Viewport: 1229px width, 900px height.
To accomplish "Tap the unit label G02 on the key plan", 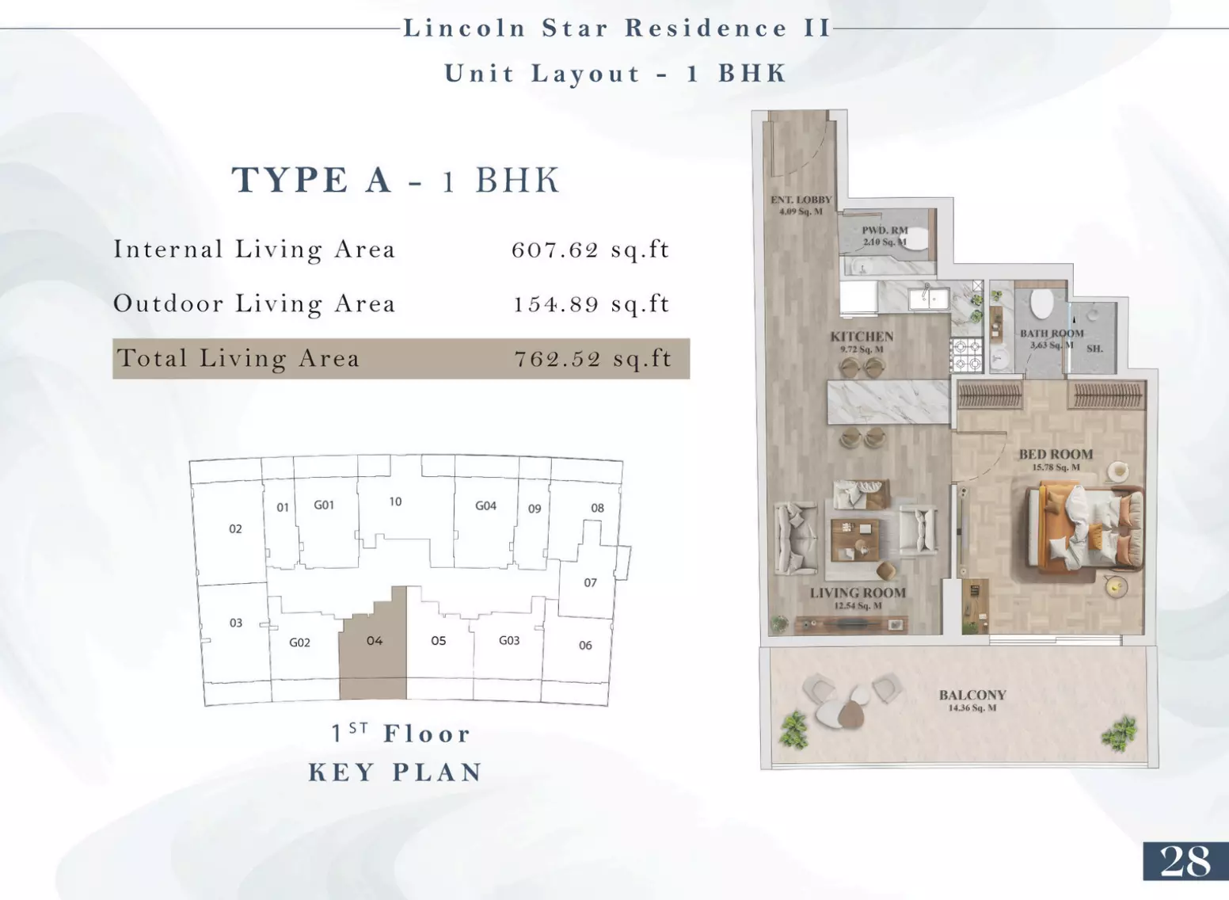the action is click(x=299, y=643).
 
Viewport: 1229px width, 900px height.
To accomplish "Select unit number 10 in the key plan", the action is click(x=395, y=501).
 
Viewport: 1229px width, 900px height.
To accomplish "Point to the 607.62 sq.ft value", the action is click(x=591, y=250).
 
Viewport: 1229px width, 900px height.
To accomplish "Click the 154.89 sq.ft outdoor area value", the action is click(x=592, y=303).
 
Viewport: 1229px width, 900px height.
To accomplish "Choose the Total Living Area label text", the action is click(x=238, y=358).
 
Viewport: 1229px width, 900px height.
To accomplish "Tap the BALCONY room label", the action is click(x=972, y=695).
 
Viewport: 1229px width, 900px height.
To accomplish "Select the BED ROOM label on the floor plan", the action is click(x=1056, y=455).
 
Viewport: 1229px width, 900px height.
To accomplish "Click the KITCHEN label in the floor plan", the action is click(x=862, y=337).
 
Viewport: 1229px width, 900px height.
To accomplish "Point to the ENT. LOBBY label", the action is click(x=801, y=200).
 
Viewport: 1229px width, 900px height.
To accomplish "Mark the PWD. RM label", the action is click(x=885, y=231).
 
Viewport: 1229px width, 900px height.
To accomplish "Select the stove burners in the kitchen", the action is click(x=967, y=354).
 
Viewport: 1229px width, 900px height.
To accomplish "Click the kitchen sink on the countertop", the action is click(x=928, y=299).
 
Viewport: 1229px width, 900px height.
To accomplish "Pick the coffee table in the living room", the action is click(x=854, y=540).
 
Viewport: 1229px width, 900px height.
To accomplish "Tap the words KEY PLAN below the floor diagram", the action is click(x=395, y=772).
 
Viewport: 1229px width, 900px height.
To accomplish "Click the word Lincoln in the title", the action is click(x=466, y=29).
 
